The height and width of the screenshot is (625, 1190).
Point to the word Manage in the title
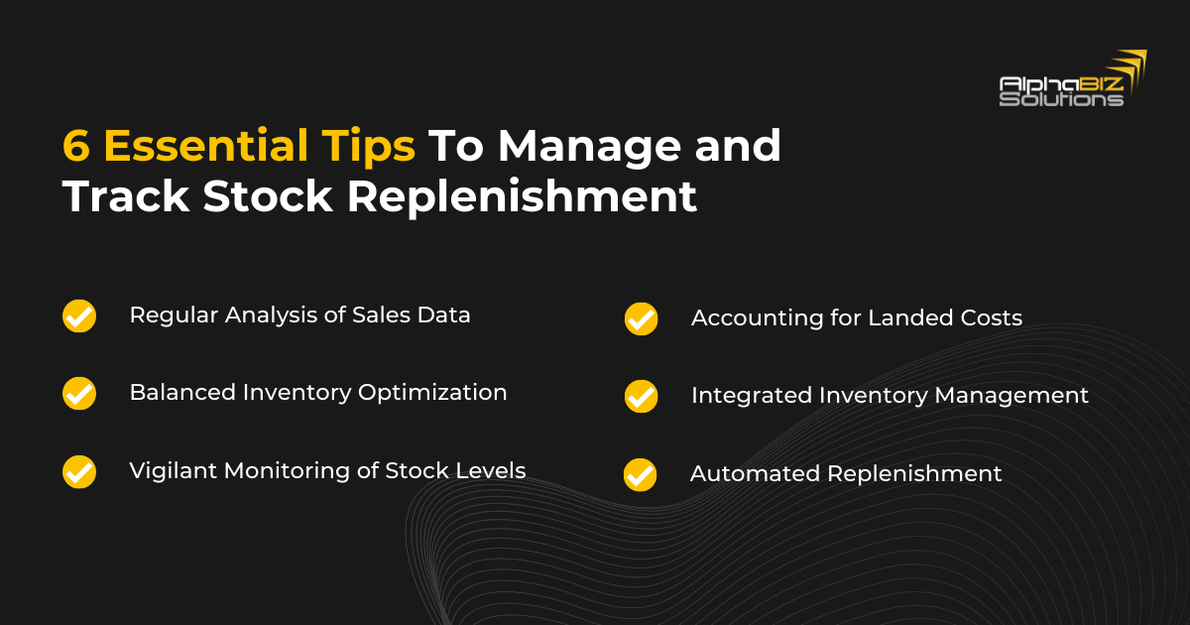[x=589, y=147]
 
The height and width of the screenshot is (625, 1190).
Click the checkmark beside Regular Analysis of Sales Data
[x=79, y=315]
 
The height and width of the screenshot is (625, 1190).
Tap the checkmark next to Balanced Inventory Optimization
[x=79, y=393]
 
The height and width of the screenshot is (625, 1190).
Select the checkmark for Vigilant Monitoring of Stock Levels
[x=79, y=471]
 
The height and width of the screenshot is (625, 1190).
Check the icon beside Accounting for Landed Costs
[x=641, y=319]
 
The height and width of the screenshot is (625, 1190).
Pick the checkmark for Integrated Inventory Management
[x=641, y=396]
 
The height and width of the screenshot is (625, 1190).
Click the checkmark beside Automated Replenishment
[x=641, y=474]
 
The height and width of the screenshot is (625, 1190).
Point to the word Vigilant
[x=167, y=471]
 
